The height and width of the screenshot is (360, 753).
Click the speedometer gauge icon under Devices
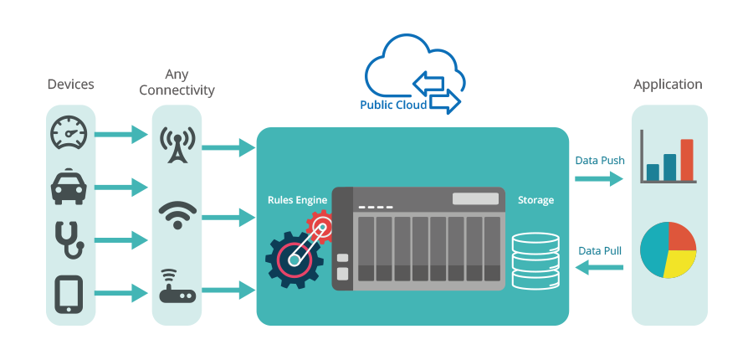click(69, 134)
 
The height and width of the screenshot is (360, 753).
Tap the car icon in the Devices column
click(69, 187)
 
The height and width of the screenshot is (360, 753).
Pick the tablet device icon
click(69, 294)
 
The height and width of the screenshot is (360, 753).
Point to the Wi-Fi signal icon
click(177, 215)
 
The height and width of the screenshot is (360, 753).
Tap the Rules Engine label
click(296, 200)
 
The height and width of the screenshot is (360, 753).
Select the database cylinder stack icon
click(534, 260)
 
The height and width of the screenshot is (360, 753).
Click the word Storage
click(535, 200)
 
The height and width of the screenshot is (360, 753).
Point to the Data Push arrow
click(599, 178)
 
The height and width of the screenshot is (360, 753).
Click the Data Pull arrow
click(600, 268)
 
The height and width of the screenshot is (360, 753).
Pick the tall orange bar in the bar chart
click(687, 160)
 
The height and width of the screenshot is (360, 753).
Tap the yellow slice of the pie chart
click(676, 265)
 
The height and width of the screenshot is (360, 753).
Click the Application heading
click(668, 85)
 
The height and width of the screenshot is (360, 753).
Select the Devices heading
click(70, 84)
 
